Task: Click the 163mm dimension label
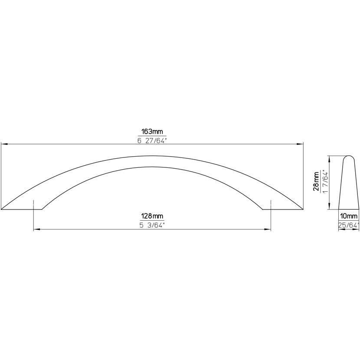tap(152, 131)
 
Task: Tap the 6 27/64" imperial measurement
tap(152, 141)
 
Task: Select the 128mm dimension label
tap(152, 216)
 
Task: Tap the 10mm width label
tap(349, 216)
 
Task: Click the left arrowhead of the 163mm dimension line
tap(5, 144)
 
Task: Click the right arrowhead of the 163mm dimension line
tap(300, 144)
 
